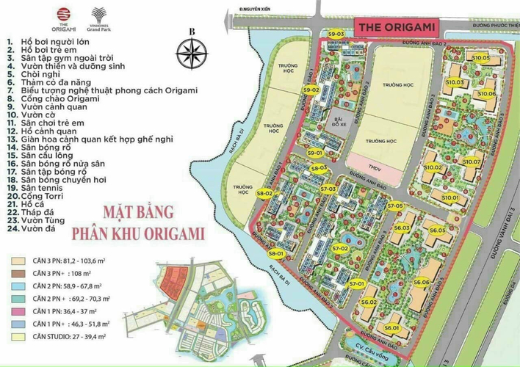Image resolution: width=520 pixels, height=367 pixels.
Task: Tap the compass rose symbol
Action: tap(191, 53)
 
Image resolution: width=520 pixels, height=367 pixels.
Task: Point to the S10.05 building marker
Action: tap(481, 57)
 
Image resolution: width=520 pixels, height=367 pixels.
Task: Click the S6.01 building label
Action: tap(391, 328)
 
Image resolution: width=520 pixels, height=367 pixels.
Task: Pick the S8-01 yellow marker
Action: tap(275, 254)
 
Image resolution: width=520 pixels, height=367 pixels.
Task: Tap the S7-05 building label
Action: tap(396, 206)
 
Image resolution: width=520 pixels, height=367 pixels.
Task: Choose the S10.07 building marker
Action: tap(472, 161)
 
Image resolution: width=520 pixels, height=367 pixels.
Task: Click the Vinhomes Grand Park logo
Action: tap(98, 16)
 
